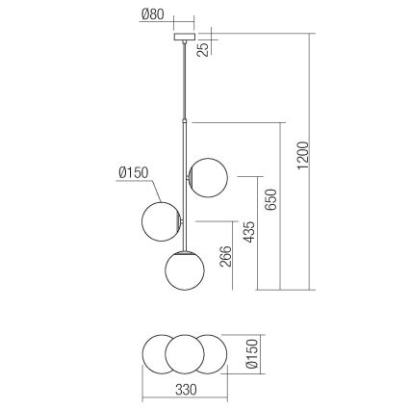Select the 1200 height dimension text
301,153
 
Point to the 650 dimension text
271,198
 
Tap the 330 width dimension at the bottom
186,389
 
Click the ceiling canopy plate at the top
181,39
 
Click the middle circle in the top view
185,354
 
